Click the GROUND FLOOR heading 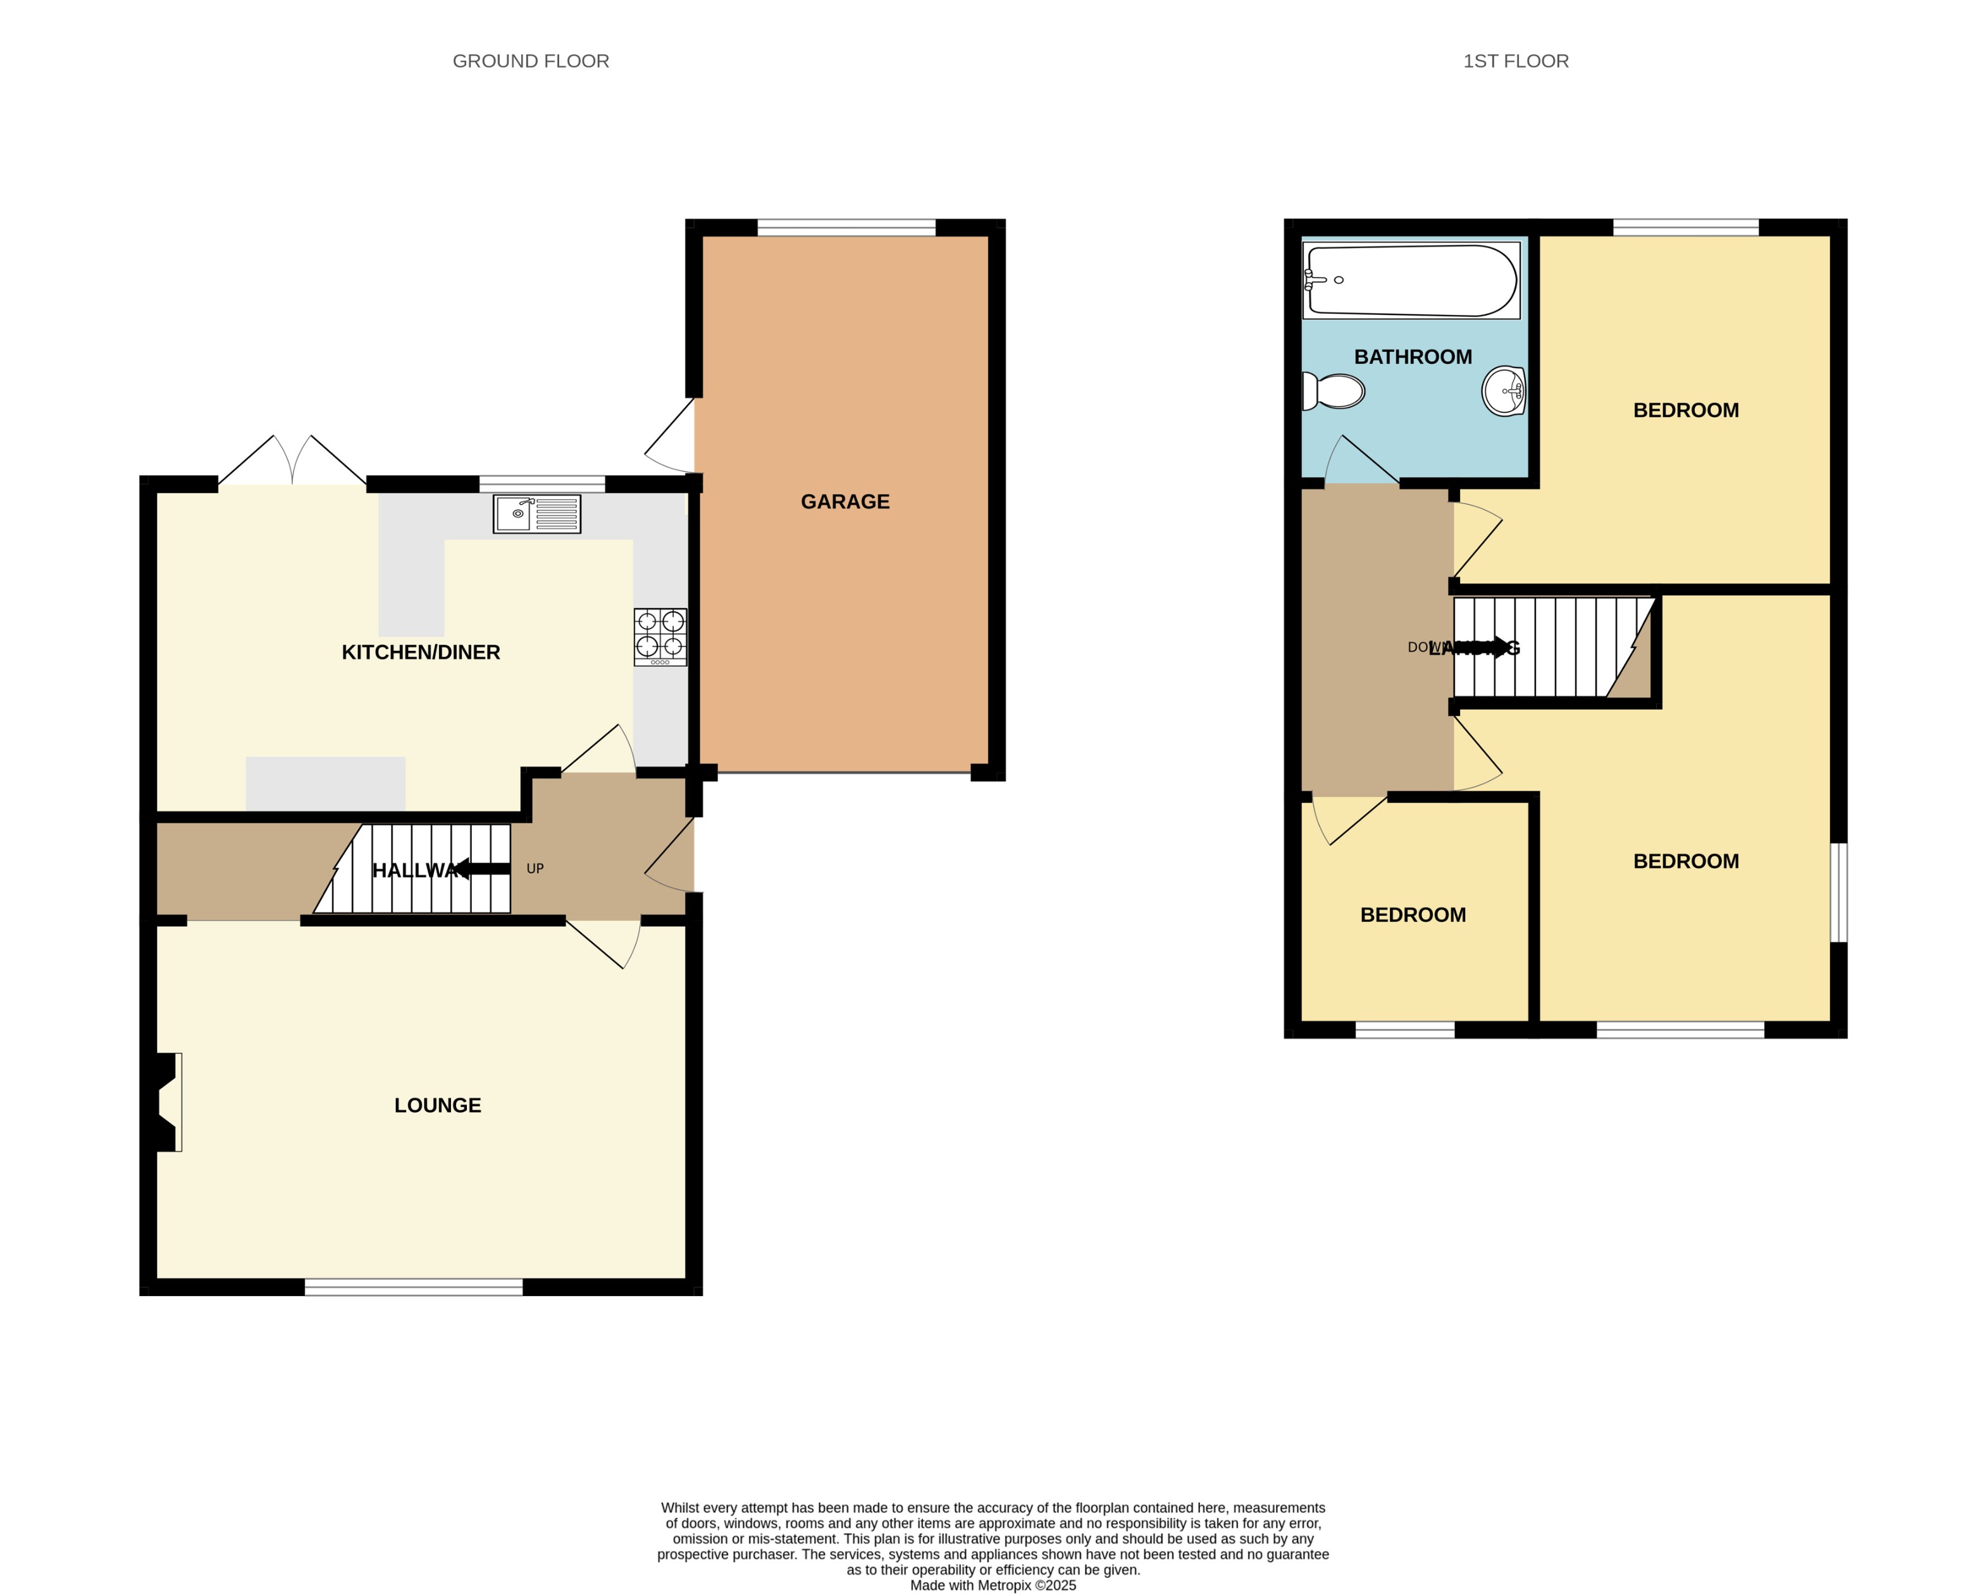tap(530, 61)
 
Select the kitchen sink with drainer tap(536, 514)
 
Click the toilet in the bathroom tap(1333, 392)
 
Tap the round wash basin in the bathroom tap(1503, 391)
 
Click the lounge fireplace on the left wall tap(166, 1102)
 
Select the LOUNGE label tap(437, 1105)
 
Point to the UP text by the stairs tap(535, 868)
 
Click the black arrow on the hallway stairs tap(482, 868)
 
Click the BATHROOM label tap(1412, 357)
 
